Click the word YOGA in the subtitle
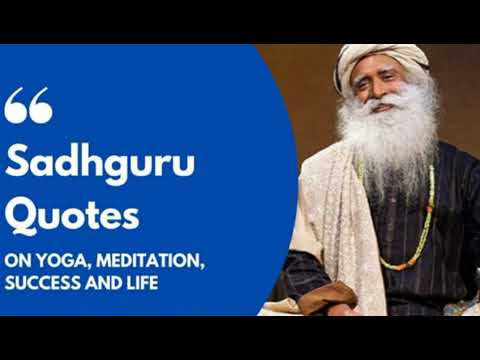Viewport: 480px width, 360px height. click(x=59, y=260)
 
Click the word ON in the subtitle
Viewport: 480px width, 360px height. click(x=18, y=260)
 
